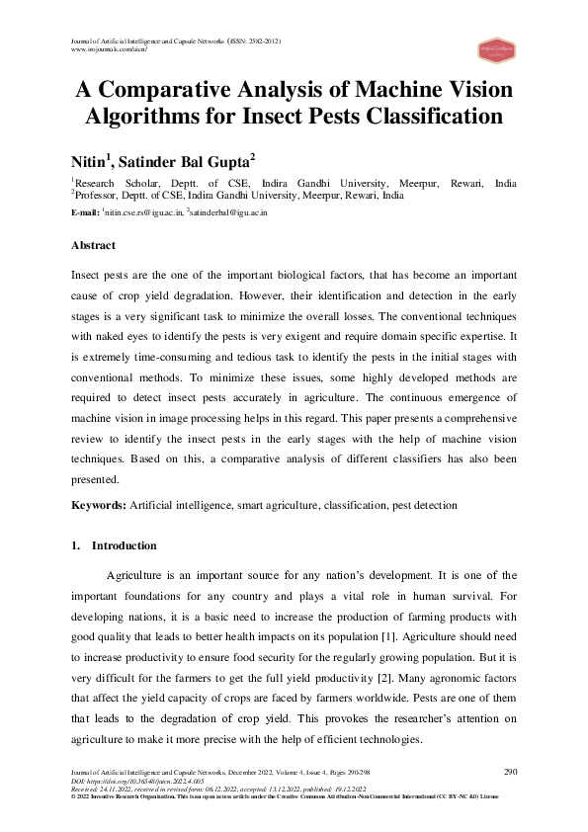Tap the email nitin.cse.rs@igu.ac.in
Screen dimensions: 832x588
(x=143, y=212)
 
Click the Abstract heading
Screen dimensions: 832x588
(x=93, y=245)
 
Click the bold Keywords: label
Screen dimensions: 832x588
(x=99, y=505)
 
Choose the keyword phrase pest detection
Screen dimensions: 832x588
(x=423, y=505)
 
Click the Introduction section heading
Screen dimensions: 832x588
(x=124, y=545)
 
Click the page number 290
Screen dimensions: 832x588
(x=510, y=772)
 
